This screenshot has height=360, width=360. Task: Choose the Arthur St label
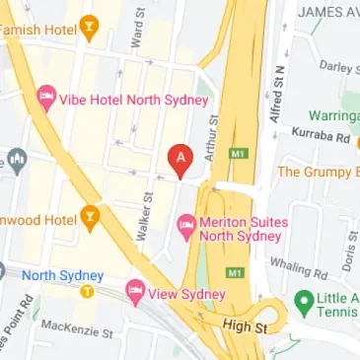210,134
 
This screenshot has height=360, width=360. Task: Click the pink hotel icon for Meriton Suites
184,227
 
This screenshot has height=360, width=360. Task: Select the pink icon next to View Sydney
134,292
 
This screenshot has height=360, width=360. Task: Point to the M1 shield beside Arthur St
236,154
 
